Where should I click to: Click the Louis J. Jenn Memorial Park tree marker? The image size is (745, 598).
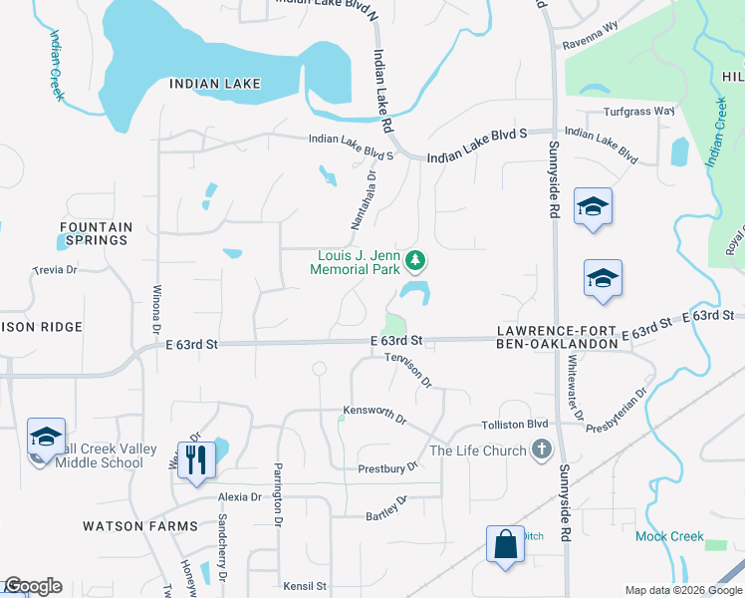416,261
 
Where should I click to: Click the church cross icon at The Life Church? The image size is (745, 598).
541,450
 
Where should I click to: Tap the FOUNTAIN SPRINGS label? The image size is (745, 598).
95,233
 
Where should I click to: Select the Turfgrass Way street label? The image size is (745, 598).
638,111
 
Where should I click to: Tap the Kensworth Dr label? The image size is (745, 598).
375,414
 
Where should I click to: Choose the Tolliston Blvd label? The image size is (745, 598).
516,425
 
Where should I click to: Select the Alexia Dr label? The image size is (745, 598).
240,496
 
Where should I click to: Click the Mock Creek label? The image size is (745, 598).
669,536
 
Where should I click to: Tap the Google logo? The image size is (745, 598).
33,586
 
